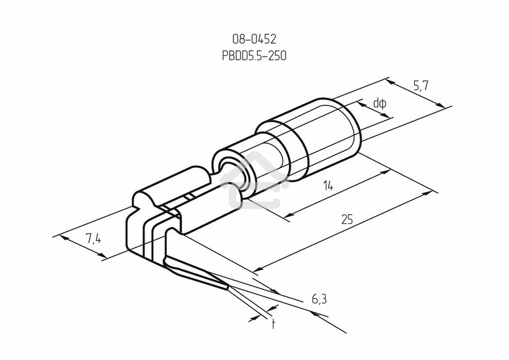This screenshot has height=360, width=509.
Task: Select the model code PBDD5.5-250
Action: [254, 56]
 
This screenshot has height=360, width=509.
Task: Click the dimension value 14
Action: [328, 186]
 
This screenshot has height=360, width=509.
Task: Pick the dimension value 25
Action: [347, 220]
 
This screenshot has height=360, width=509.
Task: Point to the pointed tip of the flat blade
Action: [227, 287]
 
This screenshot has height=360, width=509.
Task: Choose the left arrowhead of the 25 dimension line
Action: [256, 270]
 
